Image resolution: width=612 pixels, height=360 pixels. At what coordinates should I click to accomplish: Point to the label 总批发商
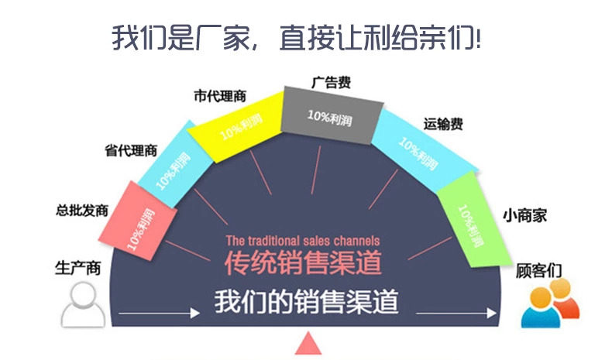pos(81,210)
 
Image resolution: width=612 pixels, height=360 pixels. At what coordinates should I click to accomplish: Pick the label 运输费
pos(444,124)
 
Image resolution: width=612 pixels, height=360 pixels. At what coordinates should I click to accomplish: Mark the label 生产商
pos(77,267)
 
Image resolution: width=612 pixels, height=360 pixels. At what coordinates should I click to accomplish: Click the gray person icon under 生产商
pos(84,303)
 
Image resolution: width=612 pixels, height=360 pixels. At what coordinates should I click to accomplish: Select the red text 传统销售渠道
pos(303,263)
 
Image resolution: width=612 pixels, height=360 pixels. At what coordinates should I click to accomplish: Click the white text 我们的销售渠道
pos(306,300)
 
